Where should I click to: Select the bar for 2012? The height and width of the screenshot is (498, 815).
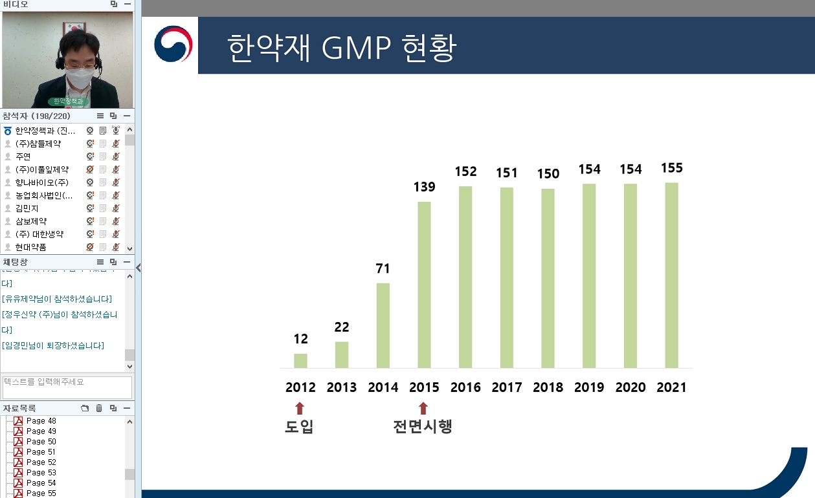point(300,361)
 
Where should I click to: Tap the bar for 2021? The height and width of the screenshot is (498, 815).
point(671,276)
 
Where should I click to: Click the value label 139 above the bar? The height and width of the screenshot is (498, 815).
point(424,187)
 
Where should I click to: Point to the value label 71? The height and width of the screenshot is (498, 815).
point(383,268)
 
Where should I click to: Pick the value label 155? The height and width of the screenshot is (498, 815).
point(671,168)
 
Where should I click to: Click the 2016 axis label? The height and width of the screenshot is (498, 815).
point(465,387)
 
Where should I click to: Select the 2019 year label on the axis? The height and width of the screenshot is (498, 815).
point(589,387)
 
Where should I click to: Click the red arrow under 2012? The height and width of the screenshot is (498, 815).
point(299,407)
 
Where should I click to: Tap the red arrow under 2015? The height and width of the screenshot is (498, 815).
point(423,407)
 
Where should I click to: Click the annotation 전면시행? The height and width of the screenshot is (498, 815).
point(423,427)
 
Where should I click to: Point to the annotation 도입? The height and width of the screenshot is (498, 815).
point(299,427)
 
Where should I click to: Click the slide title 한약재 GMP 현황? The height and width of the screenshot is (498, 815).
point(342,48)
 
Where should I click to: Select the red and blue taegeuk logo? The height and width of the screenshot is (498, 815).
point(173,44)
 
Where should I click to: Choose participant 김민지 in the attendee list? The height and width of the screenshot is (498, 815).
point(27,208)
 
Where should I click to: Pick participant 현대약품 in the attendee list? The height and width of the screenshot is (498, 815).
point(30,247)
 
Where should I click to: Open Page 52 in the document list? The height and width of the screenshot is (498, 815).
point(41,462)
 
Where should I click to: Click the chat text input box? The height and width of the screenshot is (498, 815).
point(67,387)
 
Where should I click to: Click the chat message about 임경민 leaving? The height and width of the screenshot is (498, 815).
point(53,345)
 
